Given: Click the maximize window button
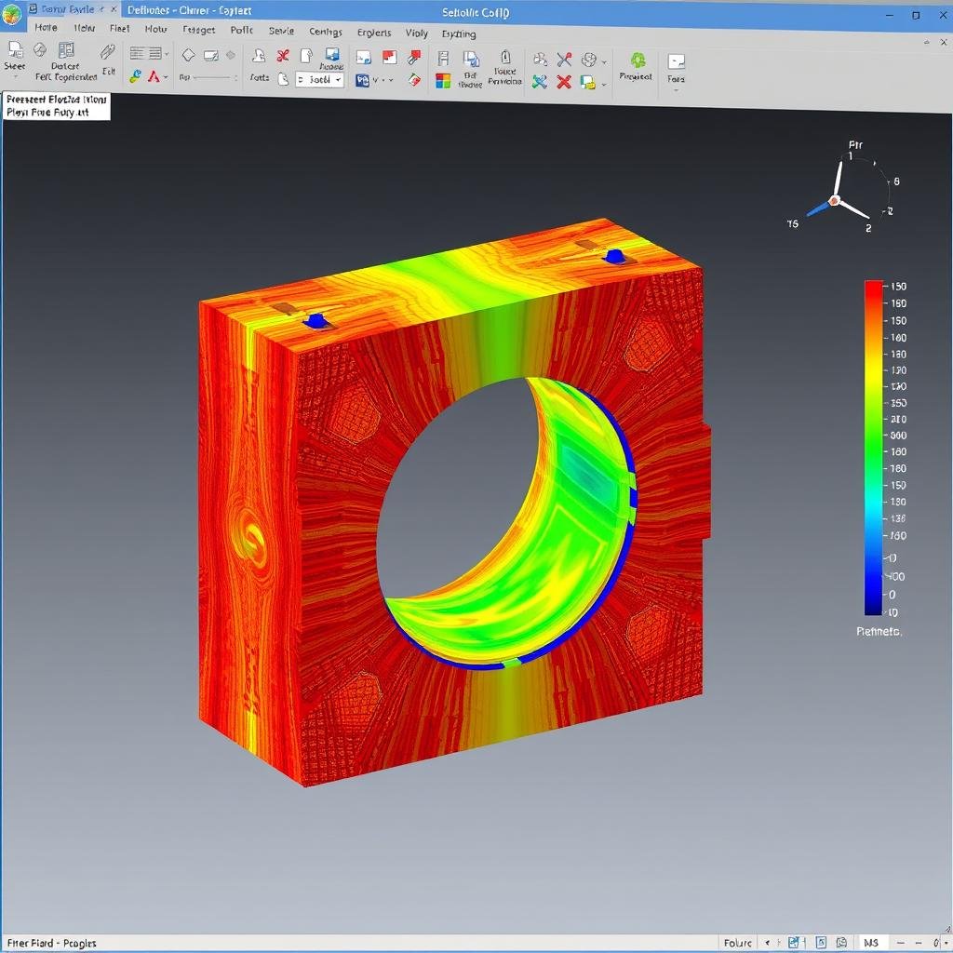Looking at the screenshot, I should point(916,15).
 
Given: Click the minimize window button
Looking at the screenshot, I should point(890,15).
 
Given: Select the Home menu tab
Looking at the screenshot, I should point(46,28).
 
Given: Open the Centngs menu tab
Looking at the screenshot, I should point(326,32).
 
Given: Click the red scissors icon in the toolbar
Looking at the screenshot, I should point(283,57).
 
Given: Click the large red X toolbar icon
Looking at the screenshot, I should point(564,82).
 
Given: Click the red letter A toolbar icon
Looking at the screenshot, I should point(154,77).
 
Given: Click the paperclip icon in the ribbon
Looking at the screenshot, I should point(109,53).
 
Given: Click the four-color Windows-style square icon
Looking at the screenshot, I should point(443,81).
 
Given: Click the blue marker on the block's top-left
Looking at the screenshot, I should point(316,321).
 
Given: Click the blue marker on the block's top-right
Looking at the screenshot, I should point(613,254).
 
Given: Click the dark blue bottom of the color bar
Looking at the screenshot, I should point(873,607).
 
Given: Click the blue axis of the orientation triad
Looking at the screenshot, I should point(818,208).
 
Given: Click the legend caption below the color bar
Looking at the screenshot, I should point(879,632).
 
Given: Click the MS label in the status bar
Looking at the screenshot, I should point(871,943).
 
